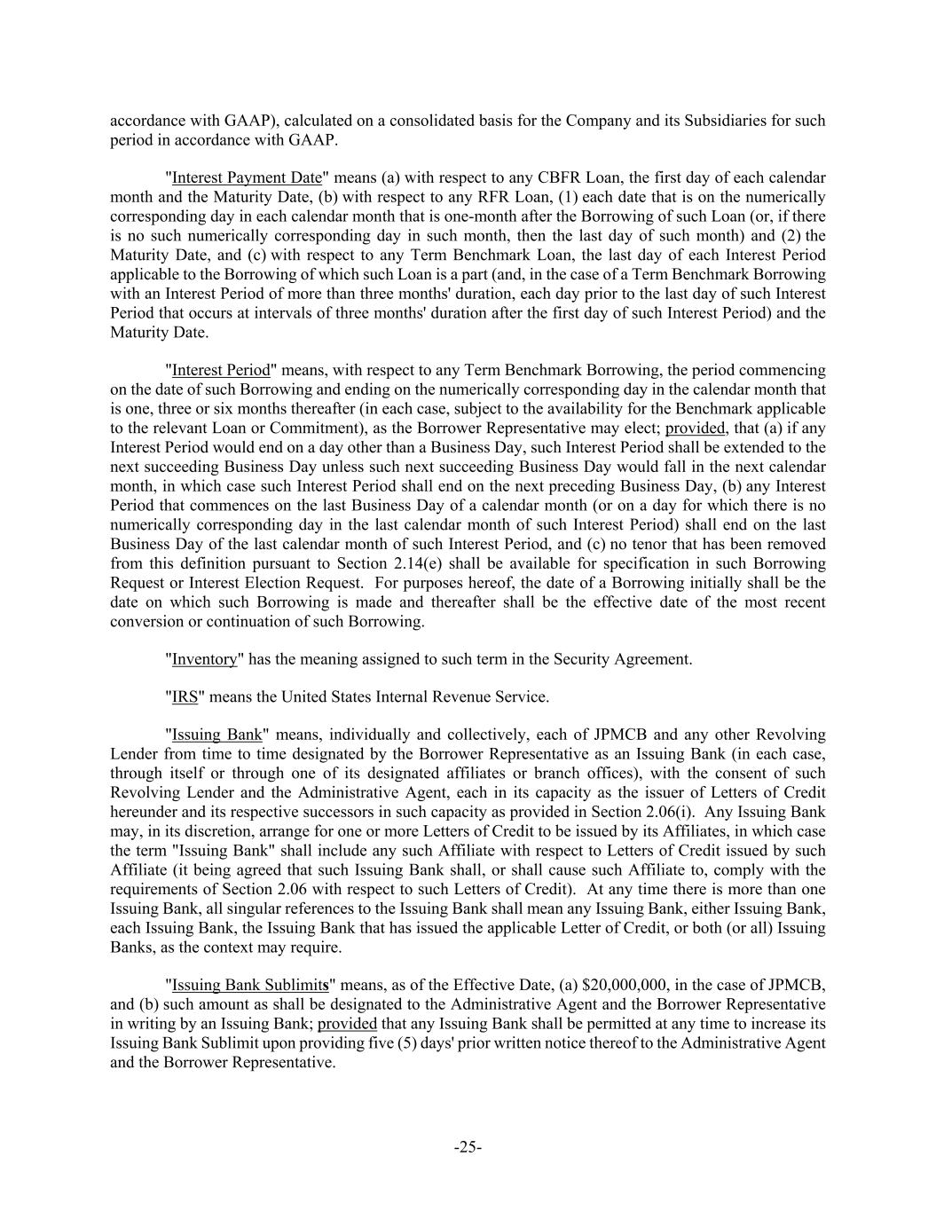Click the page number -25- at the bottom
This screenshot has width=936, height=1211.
[468, 1147]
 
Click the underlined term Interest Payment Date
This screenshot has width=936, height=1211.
[246, 177]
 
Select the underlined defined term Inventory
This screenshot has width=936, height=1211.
[204, 659]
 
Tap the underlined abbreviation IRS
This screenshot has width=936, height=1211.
[185, 697]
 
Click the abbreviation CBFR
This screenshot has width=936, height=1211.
[555, 177]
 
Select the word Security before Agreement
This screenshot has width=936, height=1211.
[582, 659]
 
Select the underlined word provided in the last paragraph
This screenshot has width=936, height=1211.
[347, 1023]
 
